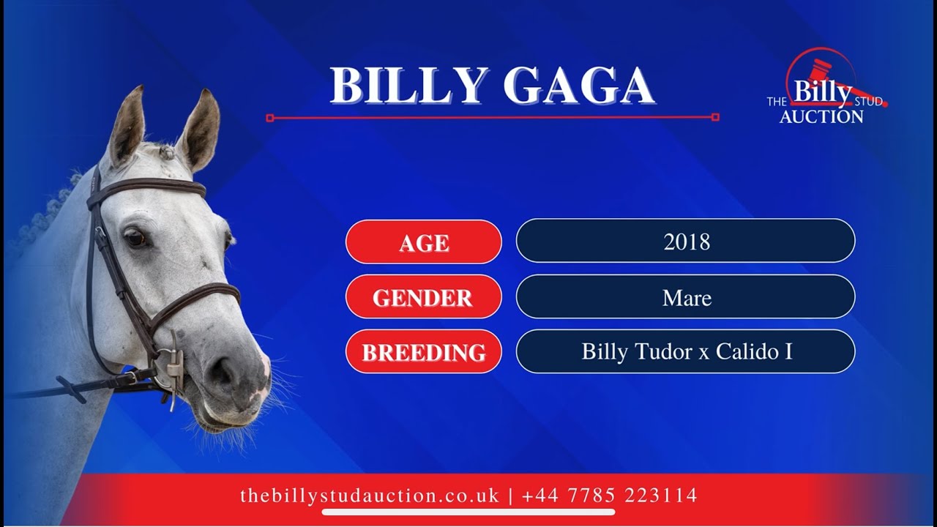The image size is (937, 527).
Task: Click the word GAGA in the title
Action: [x=578, y=86]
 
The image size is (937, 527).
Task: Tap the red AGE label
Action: [x=423, y=242]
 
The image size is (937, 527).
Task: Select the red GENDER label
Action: [x=423, y=297]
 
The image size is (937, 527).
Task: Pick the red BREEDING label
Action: [x=423, y=352]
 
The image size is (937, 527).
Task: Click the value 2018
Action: [x=686, y=242]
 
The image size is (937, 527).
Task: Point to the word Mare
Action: [x=686, y=297]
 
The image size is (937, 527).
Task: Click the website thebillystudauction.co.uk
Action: [x=369, y=496]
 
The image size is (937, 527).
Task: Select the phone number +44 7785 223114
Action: [x=609, y=496]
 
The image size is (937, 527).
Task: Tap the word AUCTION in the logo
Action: [x=821, y=116]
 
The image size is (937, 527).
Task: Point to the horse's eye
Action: [x=134, y=238]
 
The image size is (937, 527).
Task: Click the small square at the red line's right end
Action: [x=715, y=117]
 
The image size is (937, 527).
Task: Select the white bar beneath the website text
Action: [x=468, y=512]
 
